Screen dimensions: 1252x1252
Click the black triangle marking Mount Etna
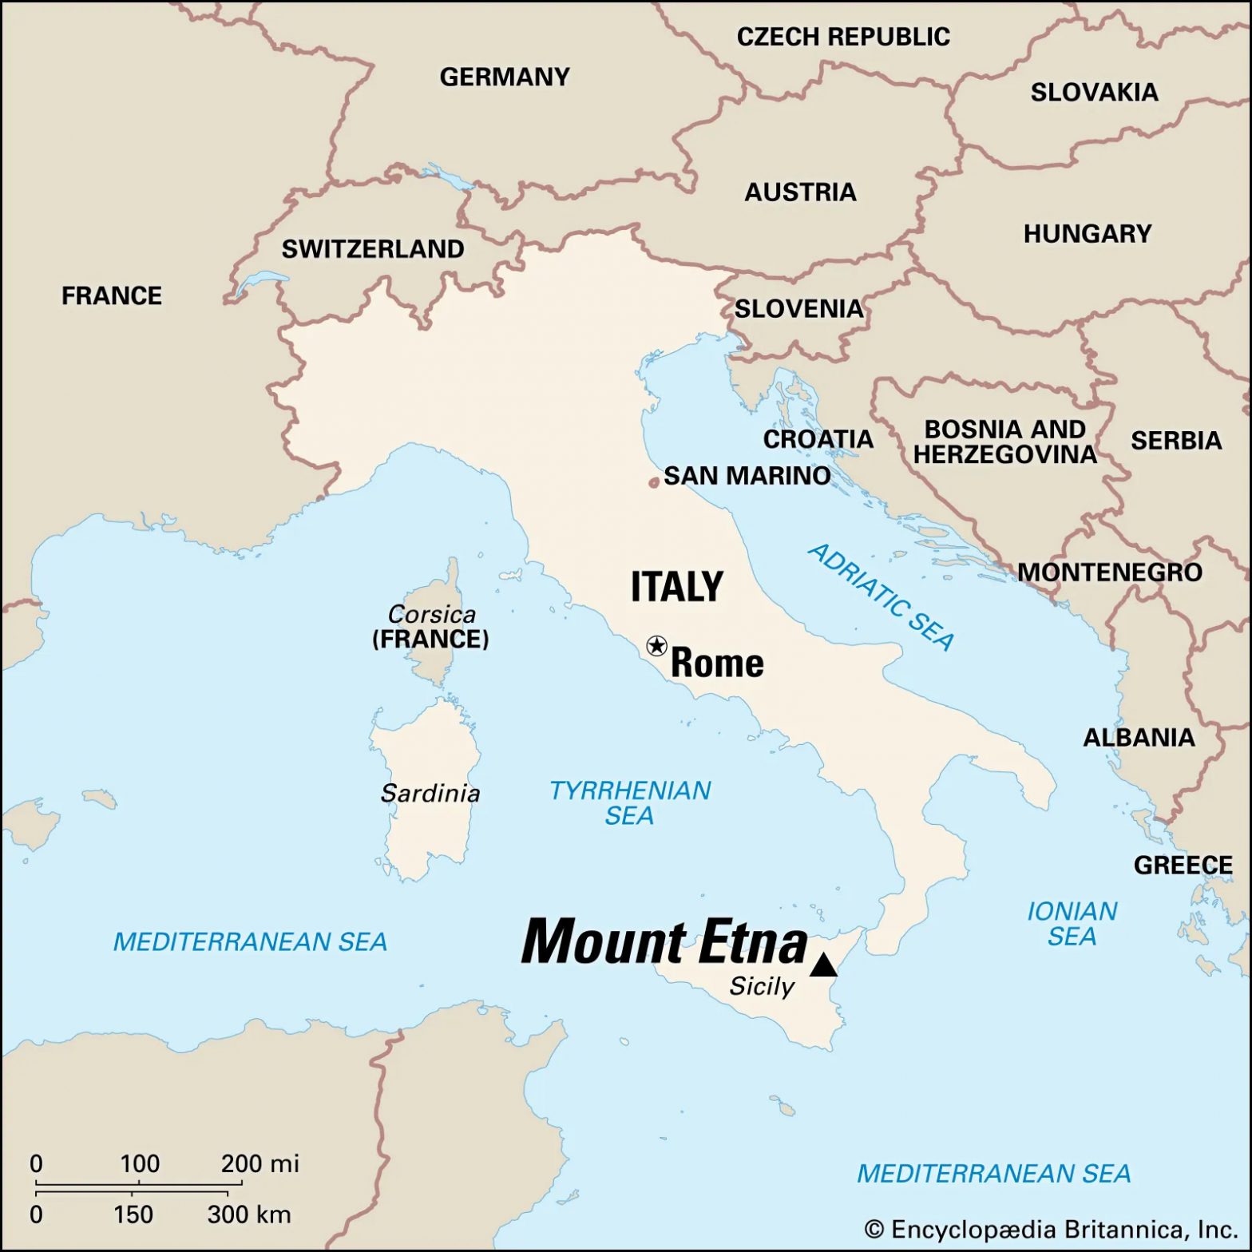pos(823,966)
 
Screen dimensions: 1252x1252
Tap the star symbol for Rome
pos(656,645)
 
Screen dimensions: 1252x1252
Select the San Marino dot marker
pos(654,482)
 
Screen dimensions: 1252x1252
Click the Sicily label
pos(762,987)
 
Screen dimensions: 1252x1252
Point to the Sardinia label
pos(430,794)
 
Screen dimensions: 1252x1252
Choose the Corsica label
pos(432,614)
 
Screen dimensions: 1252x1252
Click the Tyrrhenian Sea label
pos(630,802)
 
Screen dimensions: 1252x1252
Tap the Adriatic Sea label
pos(882,596)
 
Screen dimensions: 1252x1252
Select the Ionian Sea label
pos(1072,923)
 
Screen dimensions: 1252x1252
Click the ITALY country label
pos(677,587)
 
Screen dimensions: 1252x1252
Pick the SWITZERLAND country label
pos(373,249)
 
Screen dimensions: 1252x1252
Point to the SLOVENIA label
pos(798,309)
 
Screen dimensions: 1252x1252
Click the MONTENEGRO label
pos(1109,573)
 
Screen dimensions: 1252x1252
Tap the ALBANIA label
pos(1139,738)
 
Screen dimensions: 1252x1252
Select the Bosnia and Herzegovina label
pos(1005,442)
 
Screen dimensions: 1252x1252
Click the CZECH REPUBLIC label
pos(843,37)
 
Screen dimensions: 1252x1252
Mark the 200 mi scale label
pos(260,1163)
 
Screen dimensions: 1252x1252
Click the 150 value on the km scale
pos(133,1214)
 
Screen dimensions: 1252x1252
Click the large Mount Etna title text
pos(664,942)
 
